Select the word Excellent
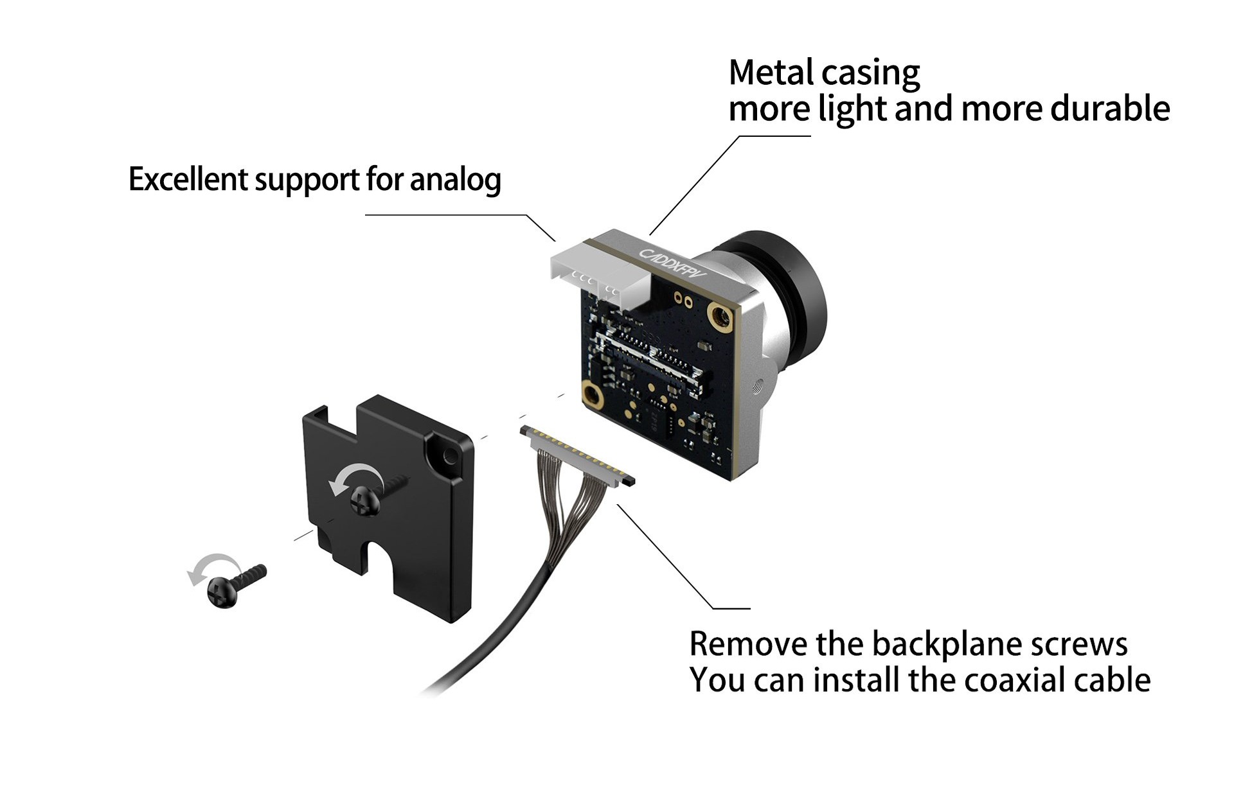click(188, 179)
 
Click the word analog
click(455, 180)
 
